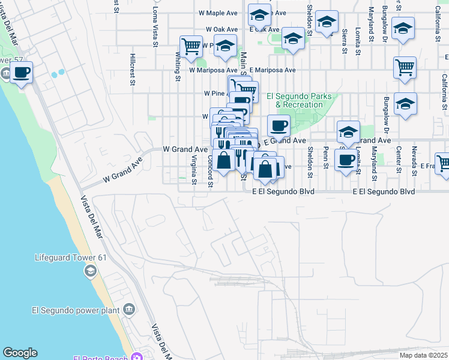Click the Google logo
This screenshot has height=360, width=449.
coord(20,353)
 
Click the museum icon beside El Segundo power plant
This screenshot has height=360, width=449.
coord(128,310)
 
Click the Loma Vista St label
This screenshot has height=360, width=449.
coord(155,27)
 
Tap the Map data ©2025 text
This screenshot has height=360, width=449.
coord(423,355)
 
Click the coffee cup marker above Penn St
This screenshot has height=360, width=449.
coord(346,160)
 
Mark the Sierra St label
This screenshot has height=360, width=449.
coord(345,42)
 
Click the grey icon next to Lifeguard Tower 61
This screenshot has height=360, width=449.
coord(89,271)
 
